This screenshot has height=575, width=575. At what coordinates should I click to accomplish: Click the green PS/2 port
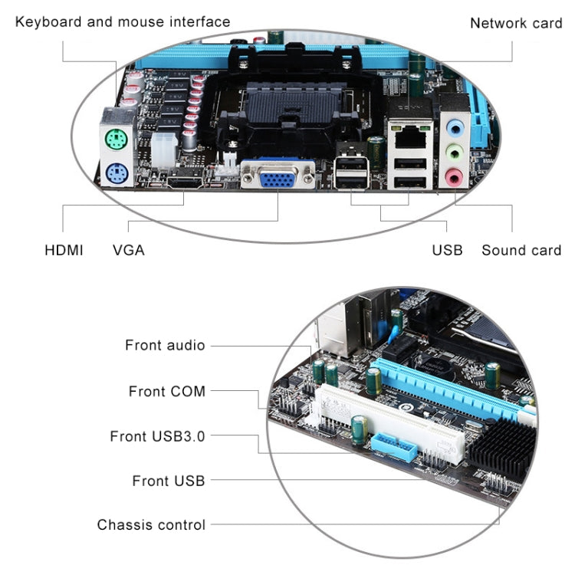(114, 139)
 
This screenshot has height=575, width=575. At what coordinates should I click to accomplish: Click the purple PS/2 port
(114, 171)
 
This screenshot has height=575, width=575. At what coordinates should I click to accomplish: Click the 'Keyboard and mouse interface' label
(123, 21)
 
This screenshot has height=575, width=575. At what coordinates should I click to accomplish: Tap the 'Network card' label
(515, 23)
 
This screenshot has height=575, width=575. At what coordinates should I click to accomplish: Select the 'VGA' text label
(128, 250)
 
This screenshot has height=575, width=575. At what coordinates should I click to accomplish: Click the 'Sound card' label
(521, 250)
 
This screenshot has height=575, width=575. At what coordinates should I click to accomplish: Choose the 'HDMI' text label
(64, 250)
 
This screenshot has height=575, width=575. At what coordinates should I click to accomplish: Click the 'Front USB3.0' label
(157, 436)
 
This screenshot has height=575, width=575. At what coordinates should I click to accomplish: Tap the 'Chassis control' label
(151, 525)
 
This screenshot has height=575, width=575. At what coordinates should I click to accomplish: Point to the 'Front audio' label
(165, 346)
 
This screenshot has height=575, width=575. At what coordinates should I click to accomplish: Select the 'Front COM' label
(167, 392)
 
